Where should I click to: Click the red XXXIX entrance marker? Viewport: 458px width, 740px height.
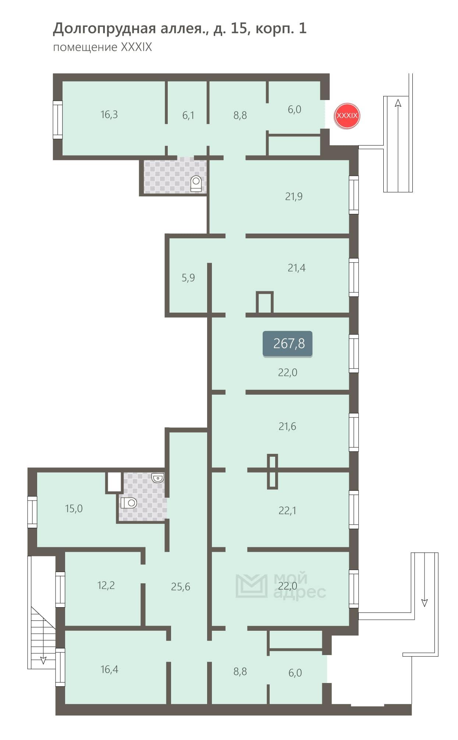[347, 115]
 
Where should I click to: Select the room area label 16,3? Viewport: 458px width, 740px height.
[109, 114]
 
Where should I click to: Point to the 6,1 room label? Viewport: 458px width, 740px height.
[188, 115]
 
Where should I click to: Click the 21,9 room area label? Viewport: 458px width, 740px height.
[294, 196]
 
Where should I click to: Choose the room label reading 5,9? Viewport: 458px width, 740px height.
[188, 278]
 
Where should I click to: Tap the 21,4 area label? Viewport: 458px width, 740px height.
[297, 268]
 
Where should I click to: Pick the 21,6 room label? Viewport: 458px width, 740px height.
[287, 426]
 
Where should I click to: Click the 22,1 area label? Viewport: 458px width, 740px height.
[287, 510]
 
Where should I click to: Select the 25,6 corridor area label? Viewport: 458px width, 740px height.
[180, 587]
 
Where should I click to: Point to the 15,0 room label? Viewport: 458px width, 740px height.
[74, 509]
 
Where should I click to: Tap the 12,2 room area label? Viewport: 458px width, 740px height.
[106, 585]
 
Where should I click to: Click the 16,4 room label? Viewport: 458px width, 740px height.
[109, 669]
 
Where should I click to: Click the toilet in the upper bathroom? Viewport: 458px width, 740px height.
[196, 184]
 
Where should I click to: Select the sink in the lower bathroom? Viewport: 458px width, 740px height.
[158, 478]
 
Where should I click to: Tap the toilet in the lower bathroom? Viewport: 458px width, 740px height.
[128, 502]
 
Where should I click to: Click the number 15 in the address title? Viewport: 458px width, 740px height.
[239, 28]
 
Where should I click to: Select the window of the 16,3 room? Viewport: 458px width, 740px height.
[57, 120]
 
